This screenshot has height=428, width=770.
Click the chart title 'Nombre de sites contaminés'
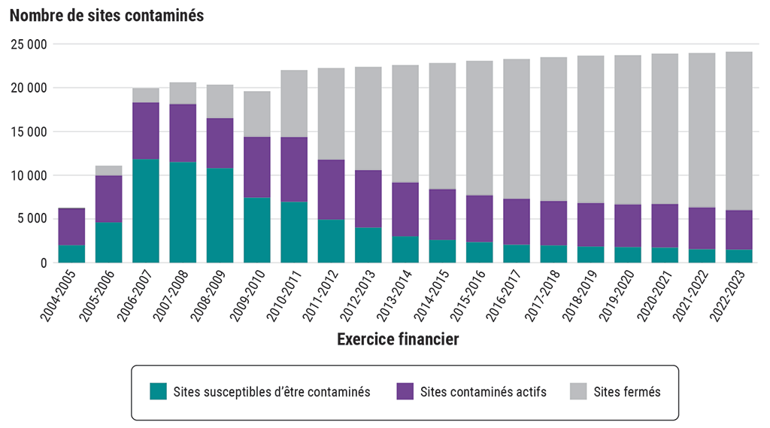pyautogui.click(x=107, y=16)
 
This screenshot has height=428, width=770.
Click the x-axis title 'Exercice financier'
pyautogui.click(x=398, y=340)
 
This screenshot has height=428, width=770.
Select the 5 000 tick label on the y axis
pyautogui.click(x=33, y=220)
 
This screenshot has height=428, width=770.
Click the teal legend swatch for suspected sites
pyautogui.click(x=158, y=392)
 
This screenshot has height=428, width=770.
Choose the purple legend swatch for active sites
pyautogui.click(x=405, y=392)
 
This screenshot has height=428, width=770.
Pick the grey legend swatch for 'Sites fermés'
pyautogui.click(x=578, y=392)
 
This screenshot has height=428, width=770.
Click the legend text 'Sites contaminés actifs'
pyautogui.click(x=484, y=392)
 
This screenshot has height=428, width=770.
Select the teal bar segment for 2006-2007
pyautogui.click(x=146, y=211)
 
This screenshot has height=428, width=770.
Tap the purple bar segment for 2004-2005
pyautogui.click(x=71, y=226)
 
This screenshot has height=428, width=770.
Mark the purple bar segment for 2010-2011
pyautogui.click(x=294, y=169)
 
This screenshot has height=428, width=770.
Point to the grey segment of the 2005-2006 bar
pyautogui.click(x=109, y=171)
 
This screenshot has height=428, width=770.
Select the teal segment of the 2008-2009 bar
pyautogui.click(x=220, y=215)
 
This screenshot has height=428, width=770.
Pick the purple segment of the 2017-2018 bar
pyautogui.click(x=553, y=223)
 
